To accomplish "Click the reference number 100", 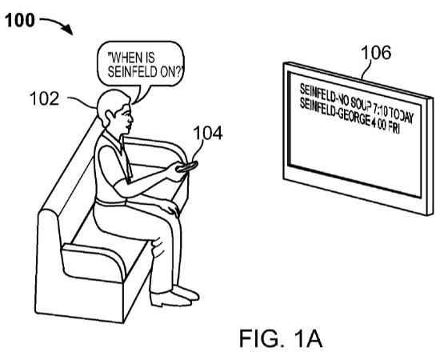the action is [x=20, y=21].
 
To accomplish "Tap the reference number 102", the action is [x=44, y=98].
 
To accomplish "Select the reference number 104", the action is [x=208, y=133].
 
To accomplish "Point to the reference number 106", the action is [x=376, y=53].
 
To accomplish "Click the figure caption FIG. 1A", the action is [x=281, y=338].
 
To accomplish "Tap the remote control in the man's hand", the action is [x=187, y=166].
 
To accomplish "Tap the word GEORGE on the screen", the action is [x=354, y=117].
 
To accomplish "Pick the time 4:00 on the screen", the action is [x=379, y=123].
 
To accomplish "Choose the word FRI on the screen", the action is [x=394, y=128].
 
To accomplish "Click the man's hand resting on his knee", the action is [x=170, y=208].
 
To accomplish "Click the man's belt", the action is [x=110, y=202].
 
